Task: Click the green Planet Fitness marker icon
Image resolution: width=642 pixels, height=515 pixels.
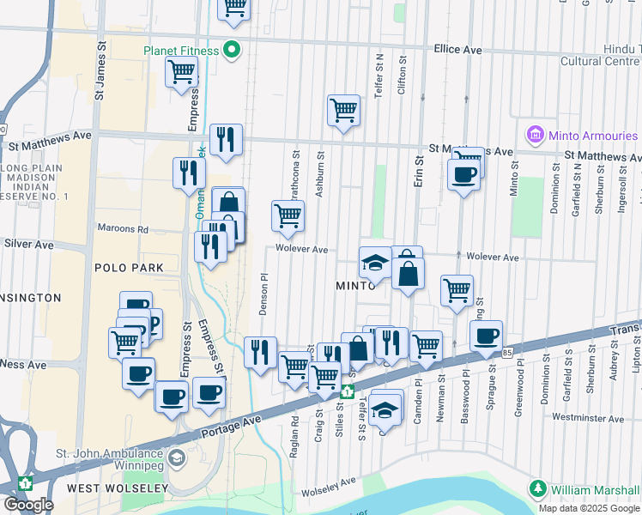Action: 230,51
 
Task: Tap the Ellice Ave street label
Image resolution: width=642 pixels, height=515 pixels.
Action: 457,51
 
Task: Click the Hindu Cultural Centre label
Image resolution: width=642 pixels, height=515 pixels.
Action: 600,56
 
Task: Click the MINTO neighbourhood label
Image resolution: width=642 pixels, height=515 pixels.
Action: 355,284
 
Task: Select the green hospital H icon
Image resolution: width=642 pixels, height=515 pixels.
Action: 347,391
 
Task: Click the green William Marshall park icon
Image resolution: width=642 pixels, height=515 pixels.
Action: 538,488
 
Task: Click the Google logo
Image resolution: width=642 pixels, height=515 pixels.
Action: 29,504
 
